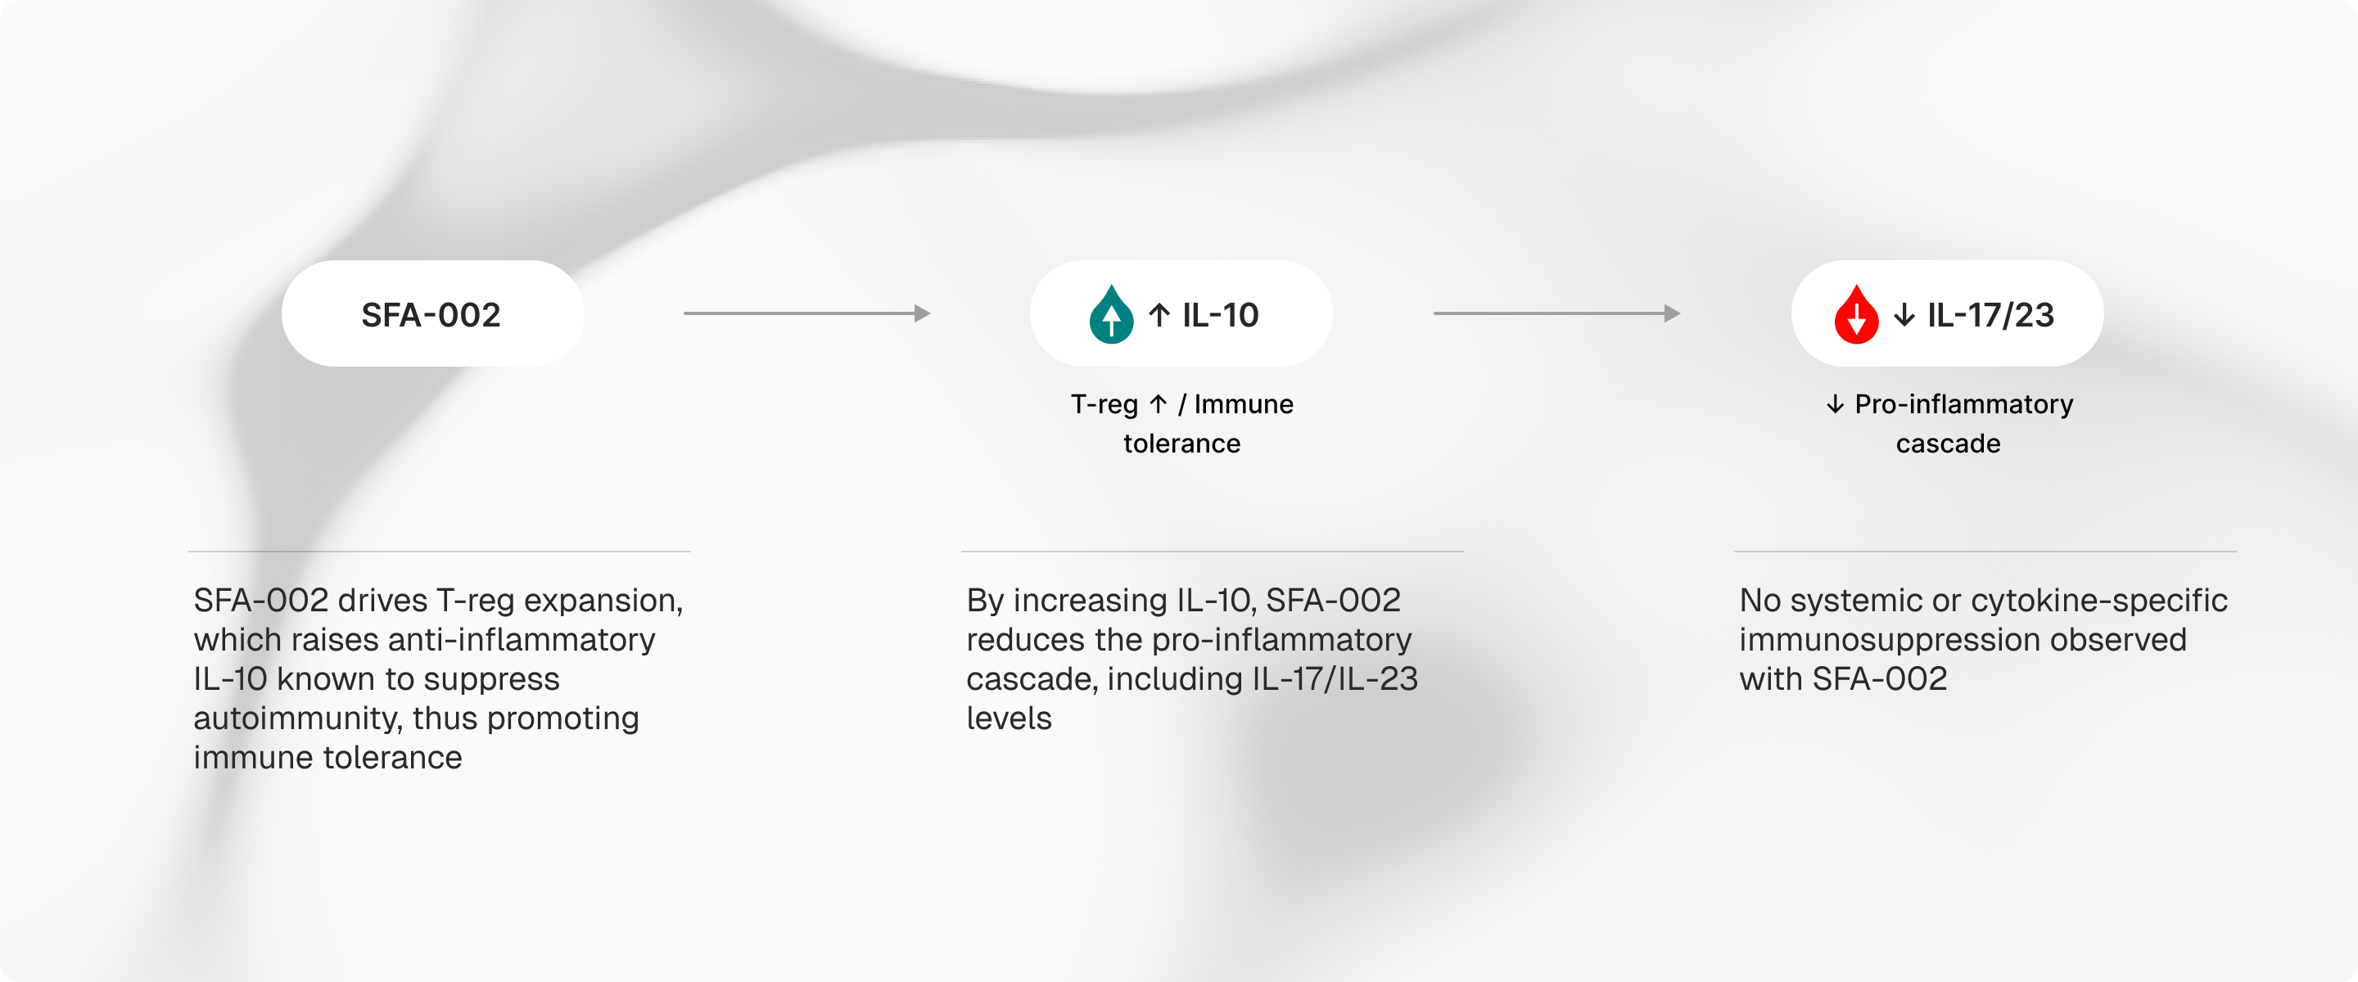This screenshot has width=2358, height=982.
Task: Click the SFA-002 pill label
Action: pyautogui.click(x=431, y=315)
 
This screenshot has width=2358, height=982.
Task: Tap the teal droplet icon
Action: pyautogui.click(x=1111, y=315)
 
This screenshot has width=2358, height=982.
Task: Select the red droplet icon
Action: pyautogui.click(x=1856, y=315)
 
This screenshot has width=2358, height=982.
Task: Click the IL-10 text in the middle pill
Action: pyautogui.click(x=1220, y=315)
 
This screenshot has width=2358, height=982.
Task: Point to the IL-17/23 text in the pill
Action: pyautogui.click(x=1991, y=315)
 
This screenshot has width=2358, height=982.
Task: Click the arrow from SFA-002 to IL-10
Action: pyautogui.click(x=807, y=313)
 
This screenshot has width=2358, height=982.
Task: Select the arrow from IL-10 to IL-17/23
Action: pyautogui.click(x=1557, y=313)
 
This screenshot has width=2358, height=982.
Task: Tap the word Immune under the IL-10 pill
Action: pyautogui.click(x=1244, y=403)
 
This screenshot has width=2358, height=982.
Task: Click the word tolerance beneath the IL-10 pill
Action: pyautogui.click(x=1181, y=444)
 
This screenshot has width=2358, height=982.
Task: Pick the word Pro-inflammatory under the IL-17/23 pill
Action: pyautogui.click(x=1964, y=404)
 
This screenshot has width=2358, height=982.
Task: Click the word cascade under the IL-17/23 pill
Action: pyautogui.click(x=1948, y=444)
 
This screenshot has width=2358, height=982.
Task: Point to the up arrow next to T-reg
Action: pyautogui.click(x=1158, y=403)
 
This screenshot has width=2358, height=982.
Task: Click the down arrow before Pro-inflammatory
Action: pyautogui.click(x=1836, y=403)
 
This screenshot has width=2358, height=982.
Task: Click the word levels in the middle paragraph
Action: pyautogui.click(x=1009, y=718)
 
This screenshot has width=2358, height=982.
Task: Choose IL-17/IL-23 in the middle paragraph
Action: pyautogui.click(x=1335, y=679)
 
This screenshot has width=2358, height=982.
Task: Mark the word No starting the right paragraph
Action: pyautogui.click(x=1760, y=601)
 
